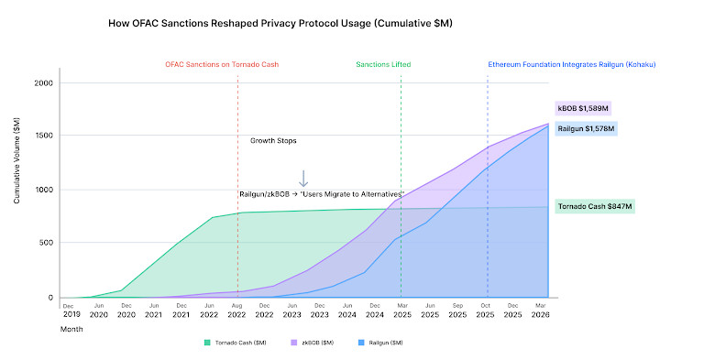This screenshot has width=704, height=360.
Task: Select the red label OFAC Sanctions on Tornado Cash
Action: pyautogui.click(x=221, y=65)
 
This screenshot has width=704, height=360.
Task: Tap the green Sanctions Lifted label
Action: pyautogui.click(x=383, y=65)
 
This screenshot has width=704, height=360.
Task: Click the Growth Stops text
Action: pyautogui.click(x=273, y=141)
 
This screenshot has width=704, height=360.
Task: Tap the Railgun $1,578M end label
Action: pyautogui.click(x=587, y=128)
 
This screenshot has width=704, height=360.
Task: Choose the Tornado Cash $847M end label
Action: pyautogui.click(x=595, y=207)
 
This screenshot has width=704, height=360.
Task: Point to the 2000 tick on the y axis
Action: pyautogui.click(x=44, y=83)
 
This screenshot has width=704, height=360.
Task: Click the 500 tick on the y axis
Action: pyautogui.click(x=47, y=244)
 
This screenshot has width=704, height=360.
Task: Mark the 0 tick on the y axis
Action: pyautogui.click(x=52, y=298)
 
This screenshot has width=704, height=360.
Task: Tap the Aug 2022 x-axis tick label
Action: pyautogui.click(x=237, y=310)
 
